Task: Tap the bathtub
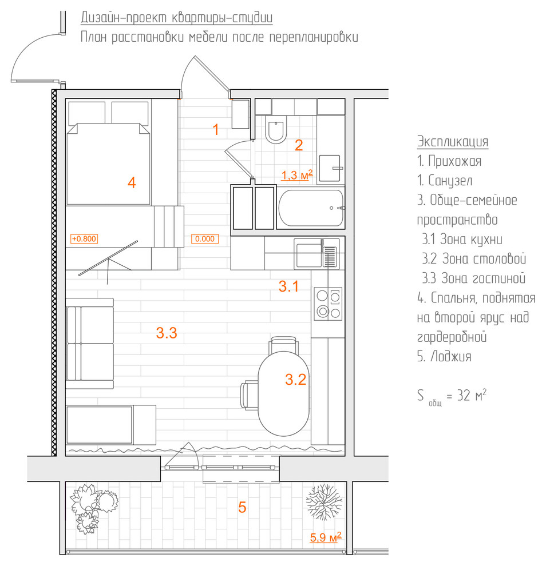(x=311, y=208)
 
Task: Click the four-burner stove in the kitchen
(x=328, y=304)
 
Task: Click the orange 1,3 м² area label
(x=296, y=175)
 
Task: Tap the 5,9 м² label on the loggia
(x=326, y=537)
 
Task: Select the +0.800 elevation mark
(x=83, y=238)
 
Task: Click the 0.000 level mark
(x=204, y=238)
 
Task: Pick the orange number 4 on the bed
(x=132, y=184)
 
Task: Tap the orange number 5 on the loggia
(x=242, y=507)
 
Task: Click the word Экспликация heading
(x=453, y=141)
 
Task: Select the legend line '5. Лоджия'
(x=444, y=357)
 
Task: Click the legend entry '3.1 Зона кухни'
(x=462, y=240)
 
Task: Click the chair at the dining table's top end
(x=284, y=345)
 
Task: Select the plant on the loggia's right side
(x=323, y=501)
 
